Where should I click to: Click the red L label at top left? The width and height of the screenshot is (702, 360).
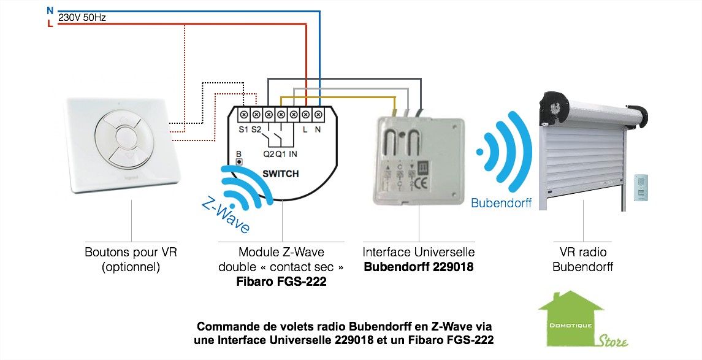click(50, 24)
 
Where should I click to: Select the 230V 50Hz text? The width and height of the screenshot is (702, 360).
click(82, 18)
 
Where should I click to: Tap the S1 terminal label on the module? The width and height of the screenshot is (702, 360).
click(243, 129)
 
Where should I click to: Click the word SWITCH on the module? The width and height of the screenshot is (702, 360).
click(281, 174)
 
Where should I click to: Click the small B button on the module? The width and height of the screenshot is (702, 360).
click(240, 161)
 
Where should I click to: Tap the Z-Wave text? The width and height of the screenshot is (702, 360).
click(226, 215)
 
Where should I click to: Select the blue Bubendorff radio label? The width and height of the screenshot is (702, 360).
click(501, 203)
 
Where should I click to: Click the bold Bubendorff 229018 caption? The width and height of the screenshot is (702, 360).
click(419, 267)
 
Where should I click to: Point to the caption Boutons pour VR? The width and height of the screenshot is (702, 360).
click(132, 252)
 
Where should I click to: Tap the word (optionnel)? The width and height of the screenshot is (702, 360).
click(132, 267)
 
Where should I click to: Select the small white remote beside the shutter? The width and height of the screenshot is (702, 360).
click(640, 186)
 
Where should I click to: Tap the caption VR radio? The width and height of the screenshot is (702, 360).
click(582, 252)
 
